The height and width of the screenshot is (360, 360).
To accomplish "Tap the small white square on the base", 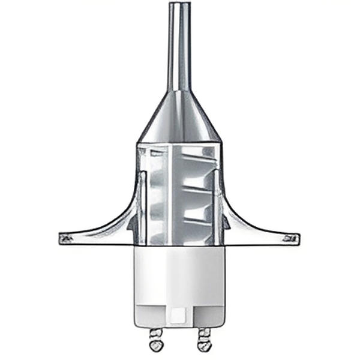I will tap(178, 314).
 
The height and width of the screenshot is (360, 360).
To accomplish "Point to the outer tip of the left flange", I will tap(61, 238).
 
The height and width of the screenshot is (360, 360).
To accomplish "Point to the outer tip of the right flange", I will tap(296, 239).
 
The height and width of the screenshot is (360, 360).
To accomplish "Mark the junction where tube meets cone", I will tap(179, 92).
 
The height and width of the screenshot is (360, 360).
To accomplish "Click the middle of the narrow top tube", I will tap(179, 48).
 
